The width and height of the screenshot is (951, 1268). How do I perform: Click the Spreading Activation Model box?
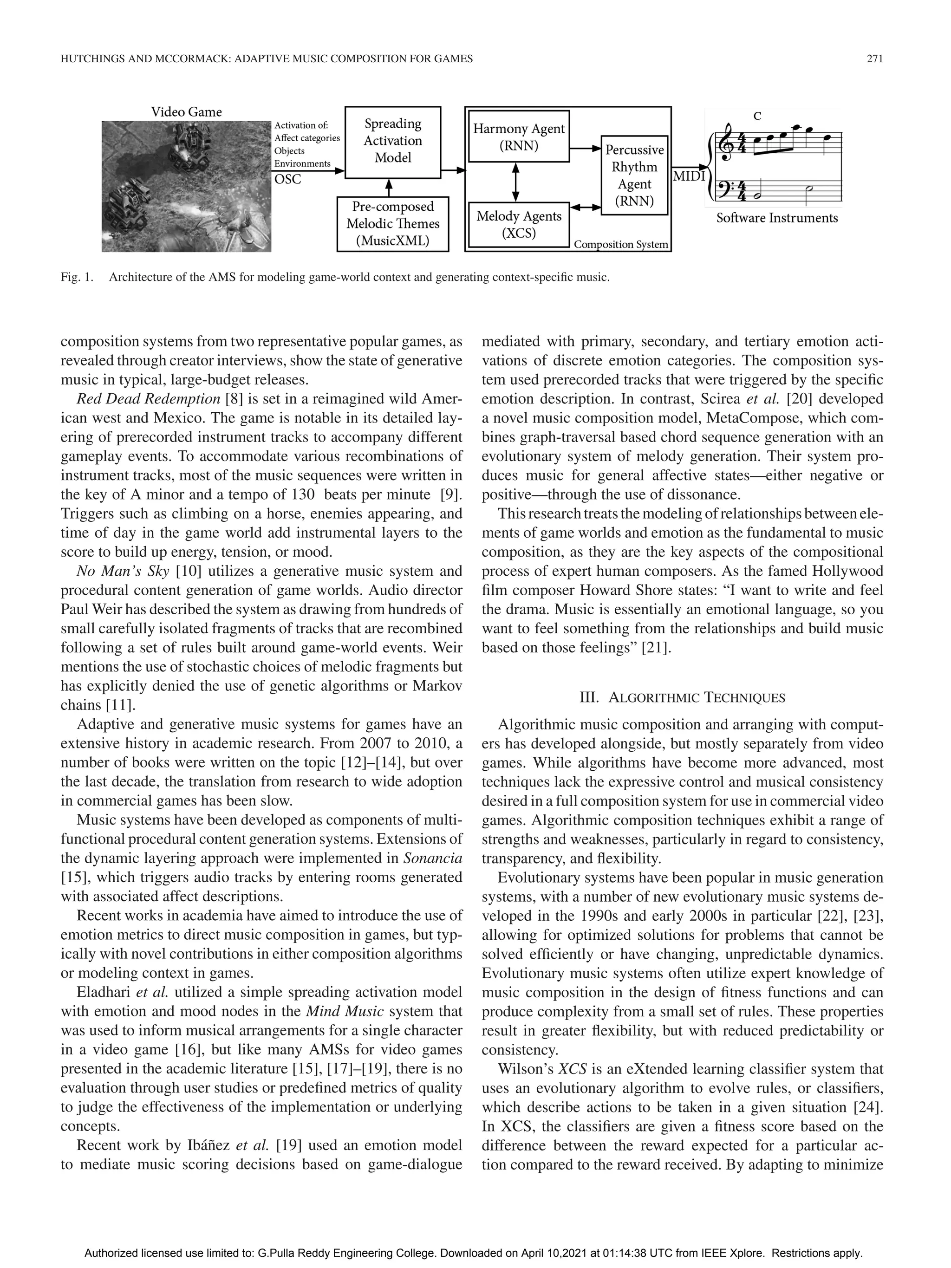pos(393,141)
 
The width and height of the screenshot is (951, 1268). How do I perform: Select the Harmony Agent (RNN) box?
pos(518,137)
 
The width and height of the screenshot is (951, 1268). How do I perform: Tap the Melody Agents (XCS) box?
pos(518,224)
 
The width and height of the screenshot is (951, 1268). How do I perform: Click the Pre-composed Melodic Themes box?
pos(393,224)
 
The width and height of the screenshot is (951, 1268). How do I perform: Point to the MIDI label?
pos(689,176)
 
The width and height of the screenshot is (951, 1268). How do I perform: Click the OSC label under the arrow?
pos(288,179)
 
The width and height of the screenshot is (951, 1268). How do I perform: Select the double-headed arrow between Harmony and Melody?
pos(515,182)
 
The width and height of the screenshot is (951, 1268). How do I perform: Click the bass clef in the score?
pos(727,189)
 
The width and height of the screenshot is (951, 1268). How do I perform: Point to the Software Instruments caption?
pos(777,218)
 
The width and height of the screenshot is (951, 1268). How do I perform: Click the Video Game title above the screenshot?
pos(186,112)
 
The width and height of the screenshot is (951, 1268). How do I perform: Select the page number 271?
pos(874,59)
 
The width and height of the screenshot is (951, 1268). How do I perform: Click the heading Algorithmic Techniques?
pos(682,698)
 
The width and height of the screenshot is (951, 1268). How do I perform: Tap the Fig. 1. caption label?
pos(76,278)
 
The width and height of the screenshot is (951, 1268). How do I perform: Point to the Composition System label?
pos(621,245)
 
